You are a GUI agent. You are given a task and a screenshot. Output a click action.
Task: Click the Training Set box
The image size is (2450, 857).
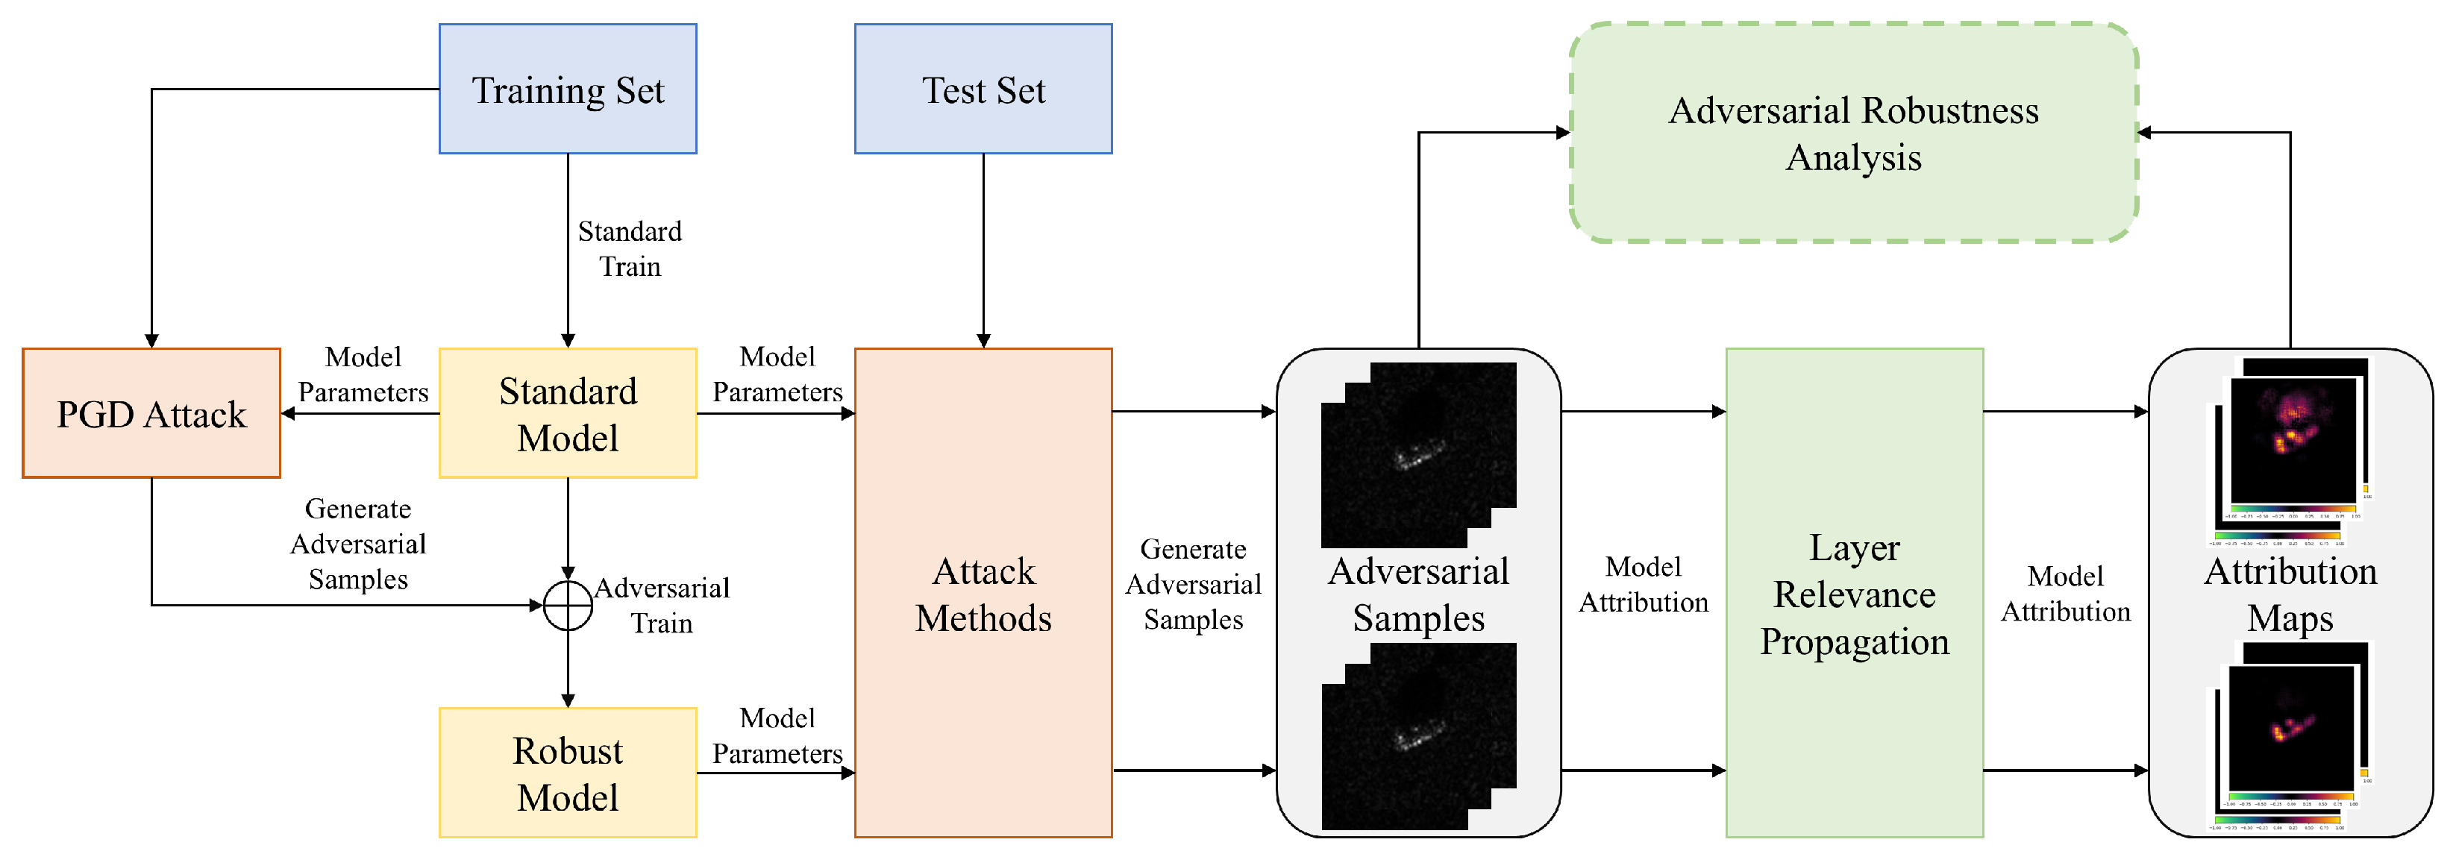click(x=568, y=90)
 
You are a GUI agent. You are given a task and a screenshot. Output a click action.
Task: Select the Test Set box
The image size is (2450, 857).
click(x=983, y=90)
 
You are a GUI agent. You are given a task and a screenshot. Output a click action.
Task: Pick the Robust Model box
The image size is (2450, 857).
click(x=568, y=773)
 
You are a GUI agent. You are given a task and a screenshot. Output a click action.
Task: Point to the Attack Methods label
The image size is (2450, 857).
click(x=983, y=594)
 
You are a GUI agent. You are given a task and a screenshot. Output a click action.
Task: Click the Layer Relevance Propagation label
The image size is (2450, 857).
click(x=1854, y=594)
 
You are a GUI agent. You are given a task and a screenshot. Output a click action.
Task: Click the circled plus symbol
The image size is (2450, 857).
click(x=568, y=605)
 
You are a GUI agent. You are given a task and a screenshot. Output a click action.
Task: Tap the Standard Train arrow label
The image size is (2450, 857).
click(x=630, y=248)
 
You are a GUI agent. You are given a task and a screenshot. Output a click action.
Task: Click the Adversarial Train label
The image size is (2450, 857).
click(x=662, y=605)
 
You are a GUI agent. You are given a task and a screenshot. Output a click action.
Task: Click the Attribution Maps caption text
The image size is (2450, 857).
click(x=2290, y=594)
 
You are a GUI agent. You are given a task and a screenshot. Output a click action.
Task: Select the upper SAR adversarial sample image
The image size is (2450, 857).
click(x=1418, y=455)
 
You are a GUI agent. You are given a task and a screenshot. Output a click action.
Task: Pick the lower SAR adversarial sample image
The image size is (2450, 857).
click(x=1418, y=735)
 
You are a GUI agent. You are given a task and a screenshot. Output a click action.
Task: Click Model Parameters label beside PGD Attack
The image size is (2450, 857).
click(x=363, y=374)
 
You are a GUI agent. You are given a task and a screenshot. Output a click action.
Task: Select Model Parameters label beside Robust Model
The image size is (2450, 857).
click(x=777, y=735)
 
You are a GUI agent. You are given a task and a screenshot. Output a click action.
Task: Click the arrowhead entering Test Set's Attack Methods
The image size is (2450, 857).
click(x=983, y=341)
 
